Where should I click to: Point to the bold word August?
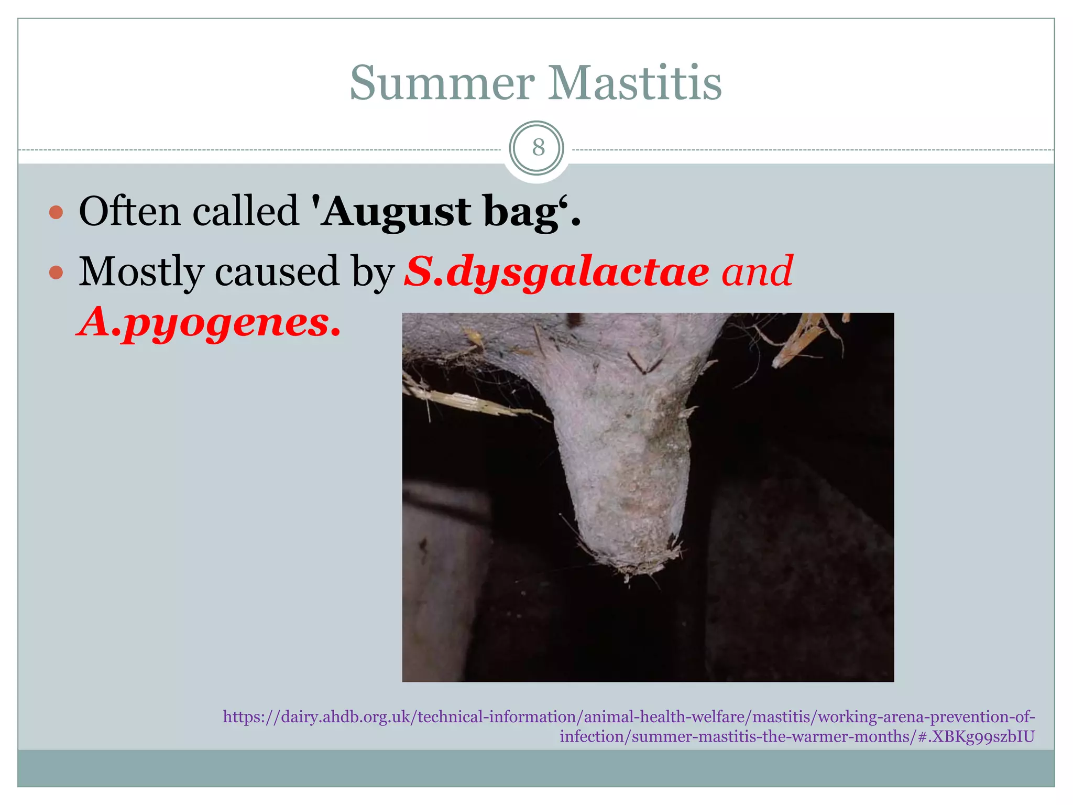click(x=396, y=212)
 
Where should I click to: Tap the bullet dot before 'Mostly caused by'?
click(x=56, y=273)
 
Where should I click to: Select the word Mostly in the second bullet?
click(x=141, y=272)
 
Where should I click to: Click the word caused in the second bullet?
click(x=277, y=272)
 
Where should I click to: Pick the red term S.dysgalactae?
click(x=556, y=272)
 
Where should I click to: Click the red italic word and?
click(x=757, y=271)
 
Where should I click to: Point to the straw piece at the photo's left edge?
click(x=461, y=401)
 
